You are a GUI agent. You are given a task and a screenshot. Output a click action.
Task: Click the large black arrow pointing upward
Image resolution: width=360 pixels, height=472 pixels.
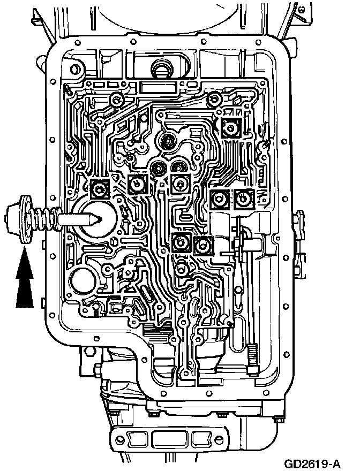tap(25, 282)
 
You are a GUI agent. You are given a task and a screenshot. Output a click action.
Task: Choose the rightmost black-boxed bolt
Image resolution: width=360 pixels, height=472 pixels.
tap(244, 199)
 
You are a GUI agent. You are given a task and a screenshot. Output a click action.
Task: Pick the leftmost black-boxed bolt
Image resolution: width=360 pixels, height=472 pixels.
tap(100, 188)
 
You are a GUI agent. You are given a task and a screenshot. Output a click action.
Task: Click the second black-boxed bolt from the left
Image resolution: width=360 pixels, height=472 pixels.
tap(138, 184)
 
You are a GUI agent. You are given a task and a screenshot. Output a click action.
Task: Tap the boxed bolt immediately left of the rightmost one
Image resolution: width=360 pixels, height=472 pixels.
tap(220, 199)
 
